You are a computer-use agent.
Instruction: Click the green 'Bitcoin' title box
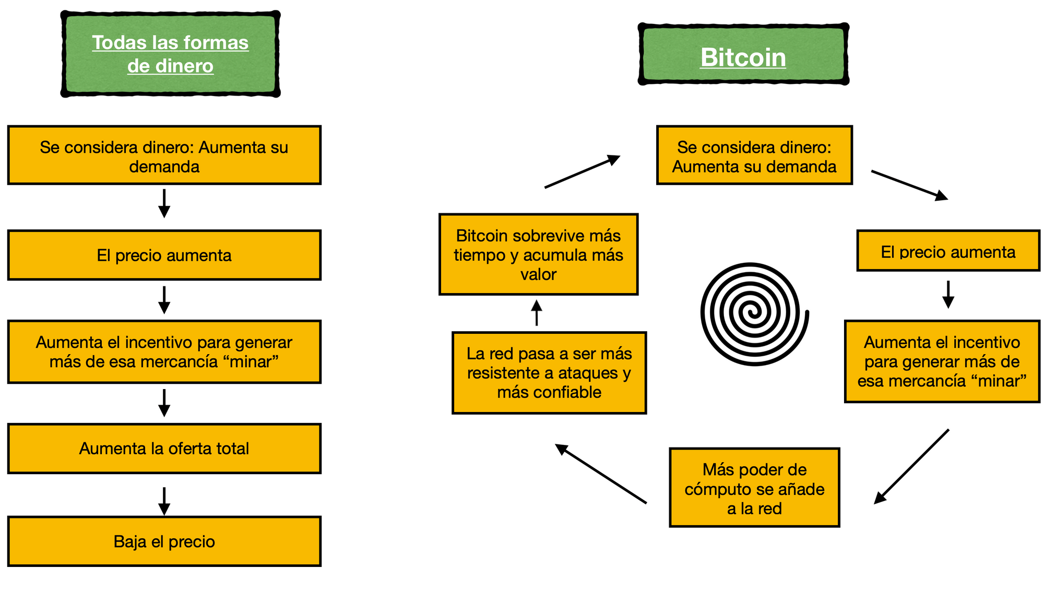pos(743,54)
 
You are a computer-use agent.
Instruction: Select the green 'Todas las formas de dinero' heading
pos(170,54)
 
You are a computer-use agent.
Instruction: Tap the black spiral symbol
pos(754,314)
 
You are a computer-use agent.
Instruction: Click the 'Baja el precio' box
pos(164,541)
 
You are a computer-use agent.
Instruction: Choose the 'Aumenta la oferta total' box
pos(164,449)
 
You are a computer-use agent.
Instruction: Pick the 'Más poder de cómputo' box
pos(754,488)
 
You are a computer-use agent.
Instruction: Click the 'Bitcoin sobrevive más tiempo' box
pos(539,255)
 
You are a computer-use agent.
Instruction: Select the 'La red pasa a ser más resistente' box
pos(549,373)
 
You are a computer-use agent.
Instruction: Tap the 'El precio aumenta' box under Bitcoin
pos(948,251)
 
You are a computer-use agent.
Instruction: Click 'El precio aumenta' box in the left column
pos(164,256)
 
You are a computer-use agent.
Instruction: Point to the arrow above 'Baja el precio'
pos(164,501)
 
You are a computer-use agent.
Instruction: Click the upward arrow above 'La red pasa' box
pos(537,313)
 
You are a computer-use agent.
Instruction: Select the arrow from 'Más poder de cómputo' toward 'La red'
pos(601,474)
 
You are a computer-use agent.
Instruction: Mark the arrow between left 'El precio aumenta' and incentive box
pos(164,300)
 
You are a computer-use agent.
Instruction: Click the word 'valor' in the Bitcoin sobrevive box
pos(539,274)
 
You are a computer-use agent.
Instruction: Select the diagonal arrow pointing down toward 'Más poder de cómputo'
pos(911,467)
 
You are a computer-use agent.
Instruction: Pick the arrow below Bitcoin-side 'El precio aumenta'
pos(948,295)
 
